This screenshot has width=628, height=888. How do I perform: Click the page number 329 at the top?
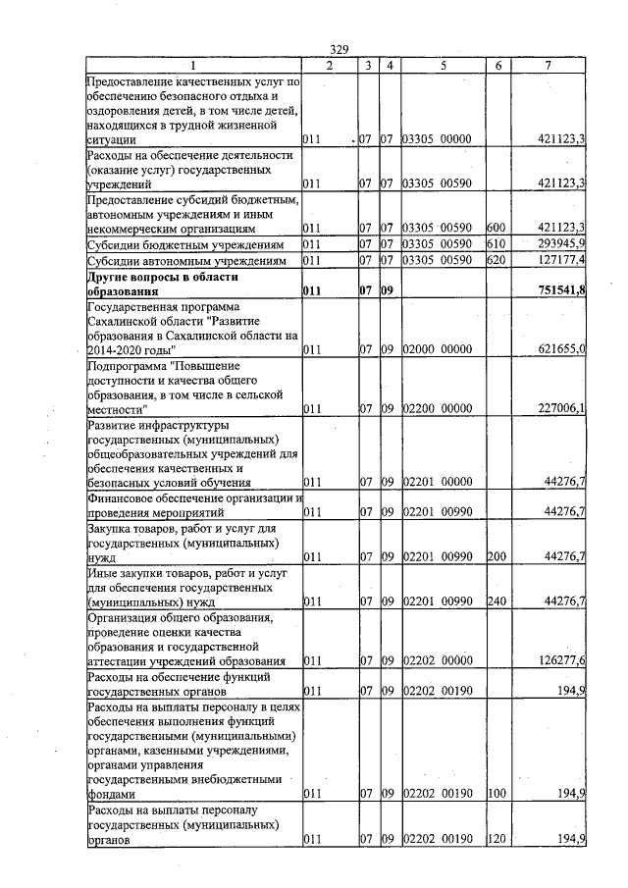pos(340,50)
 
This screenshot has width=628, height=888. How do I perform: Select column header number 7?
pos(559,65)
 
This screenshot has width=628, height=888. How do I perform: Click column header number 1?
pos(192,65)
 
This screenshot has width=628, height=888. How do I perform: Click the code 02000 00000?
pos(439,348)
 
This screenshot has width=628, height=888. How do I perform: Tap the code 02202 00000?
pos(439,660)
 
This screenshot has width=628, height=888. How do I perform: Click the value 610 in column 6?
pos(496,243)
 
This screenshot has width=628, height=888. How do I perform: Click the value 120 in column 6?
pos(496,838)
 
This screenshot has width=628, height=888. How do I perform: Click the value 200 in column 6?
pos(496,556)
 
